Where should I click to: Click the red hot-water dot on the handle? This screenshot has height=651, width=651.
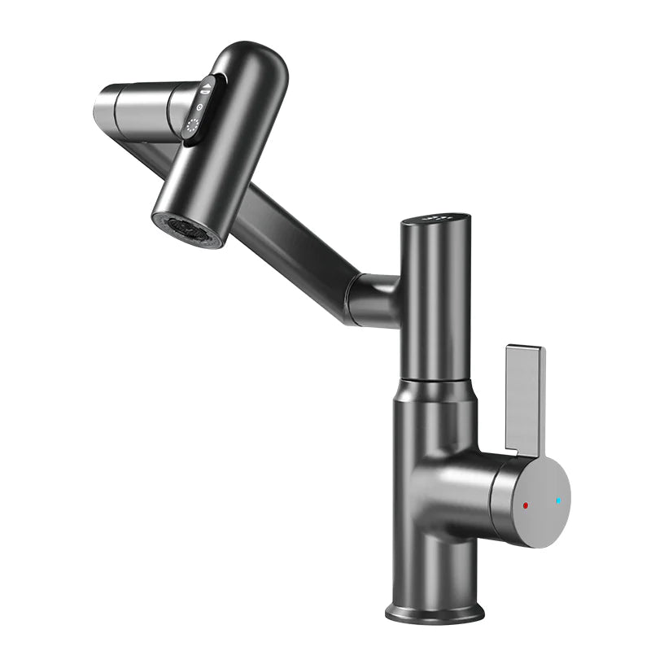click(x=526, y=505)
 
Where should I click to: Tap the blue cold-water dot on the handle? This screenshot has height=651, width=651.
click(x=557, y=501)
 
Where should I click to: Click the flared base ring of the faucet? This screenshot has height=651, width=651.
click(x=435, y=610)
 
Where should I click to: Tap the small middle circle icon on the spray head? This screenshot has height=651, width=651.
click(x=201, y=107)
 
